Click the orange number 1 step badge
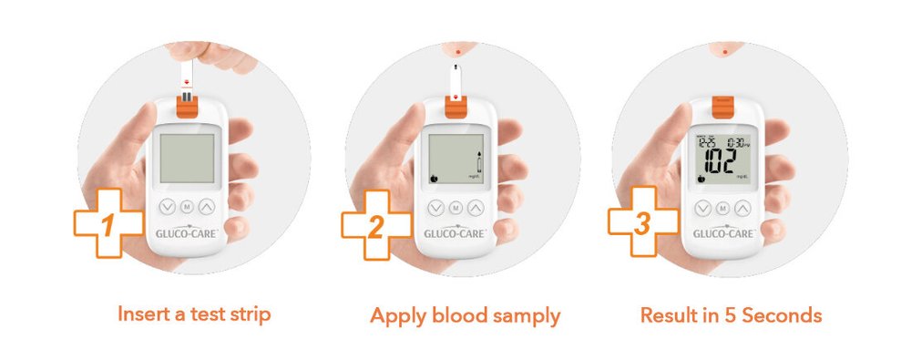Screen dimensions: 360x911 pyautogui.click(x=108, y=223)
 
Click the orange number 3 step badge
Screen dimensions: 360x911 pyautogui.click(x=642, y=223)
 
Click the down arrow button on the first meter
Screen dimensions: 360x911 pyautogui.click(x=165, y=208)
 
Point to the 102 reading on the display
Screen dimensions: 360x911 pyautogui.click(x=720, y=165)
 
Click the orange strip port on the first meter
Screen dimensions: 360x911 pyautogui.click(x=186, y=107)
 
